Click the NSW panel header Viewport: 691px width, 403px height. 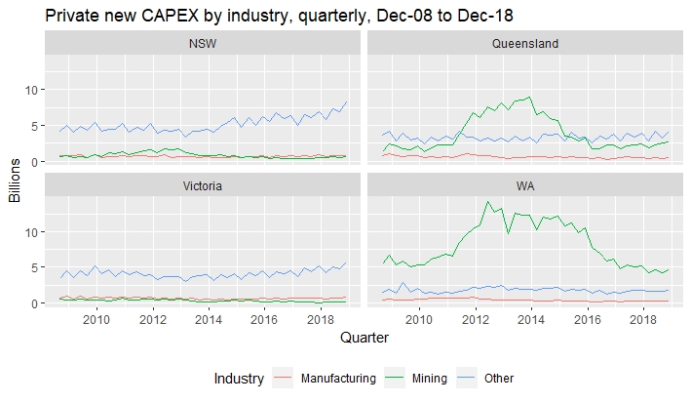pos(203,44)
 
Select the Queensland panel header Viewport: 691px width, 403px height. pos(524,44)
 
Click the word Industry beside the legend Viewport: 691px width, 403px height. pos(238,379)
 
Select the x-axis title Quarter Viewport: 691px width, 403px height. pos(365,339)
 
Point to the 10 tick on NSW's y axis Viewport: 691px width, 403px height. pos(31,90)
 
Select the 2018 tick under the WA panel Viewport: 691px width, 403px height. pos(642,318)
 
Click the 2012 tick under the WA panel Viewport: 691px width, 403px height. pos(475,318)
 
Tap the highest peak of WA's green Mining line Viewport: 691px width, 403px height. pos(487,202)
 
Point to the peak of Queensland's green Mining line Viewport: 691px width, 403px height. pos(529,97)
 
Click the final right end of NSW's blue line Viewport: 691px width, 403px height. pos(346,102)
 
